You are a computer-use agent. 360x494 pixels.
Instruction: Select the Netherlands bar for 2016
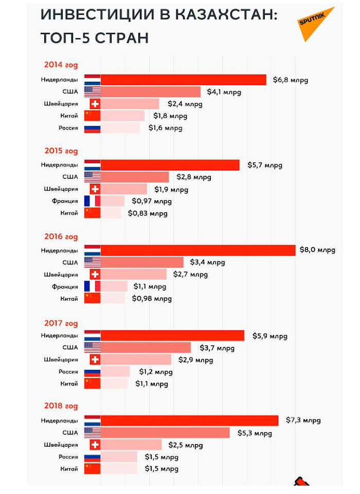198,250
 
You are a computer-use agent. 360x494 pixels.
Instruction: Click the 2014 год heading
61,65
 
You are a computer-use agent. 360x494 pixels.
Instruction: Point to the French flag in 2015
92,201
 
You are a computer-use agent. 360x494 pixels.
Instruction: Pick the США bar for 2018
165,433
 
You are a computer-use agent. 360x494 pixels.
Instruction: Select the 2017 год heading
61,324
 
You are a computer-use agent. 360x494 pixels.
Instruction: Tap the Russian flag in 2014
92,128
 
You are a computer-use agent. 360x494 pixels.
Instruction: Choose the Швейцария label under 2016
61,274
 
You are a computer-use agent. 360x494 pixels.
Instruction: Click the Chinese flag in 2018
92,469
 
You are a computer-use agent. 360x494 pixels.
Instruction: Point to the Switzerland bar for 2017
136,360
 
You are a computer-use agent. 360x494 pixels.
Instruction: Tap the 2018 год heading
61,407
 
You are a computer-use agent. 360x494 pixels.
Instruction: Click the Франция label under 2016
65,287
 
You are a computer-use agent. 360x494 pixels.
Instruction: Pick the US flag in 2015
92,177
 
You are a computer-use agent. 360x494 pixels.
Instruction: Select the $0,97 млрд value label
152,201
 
